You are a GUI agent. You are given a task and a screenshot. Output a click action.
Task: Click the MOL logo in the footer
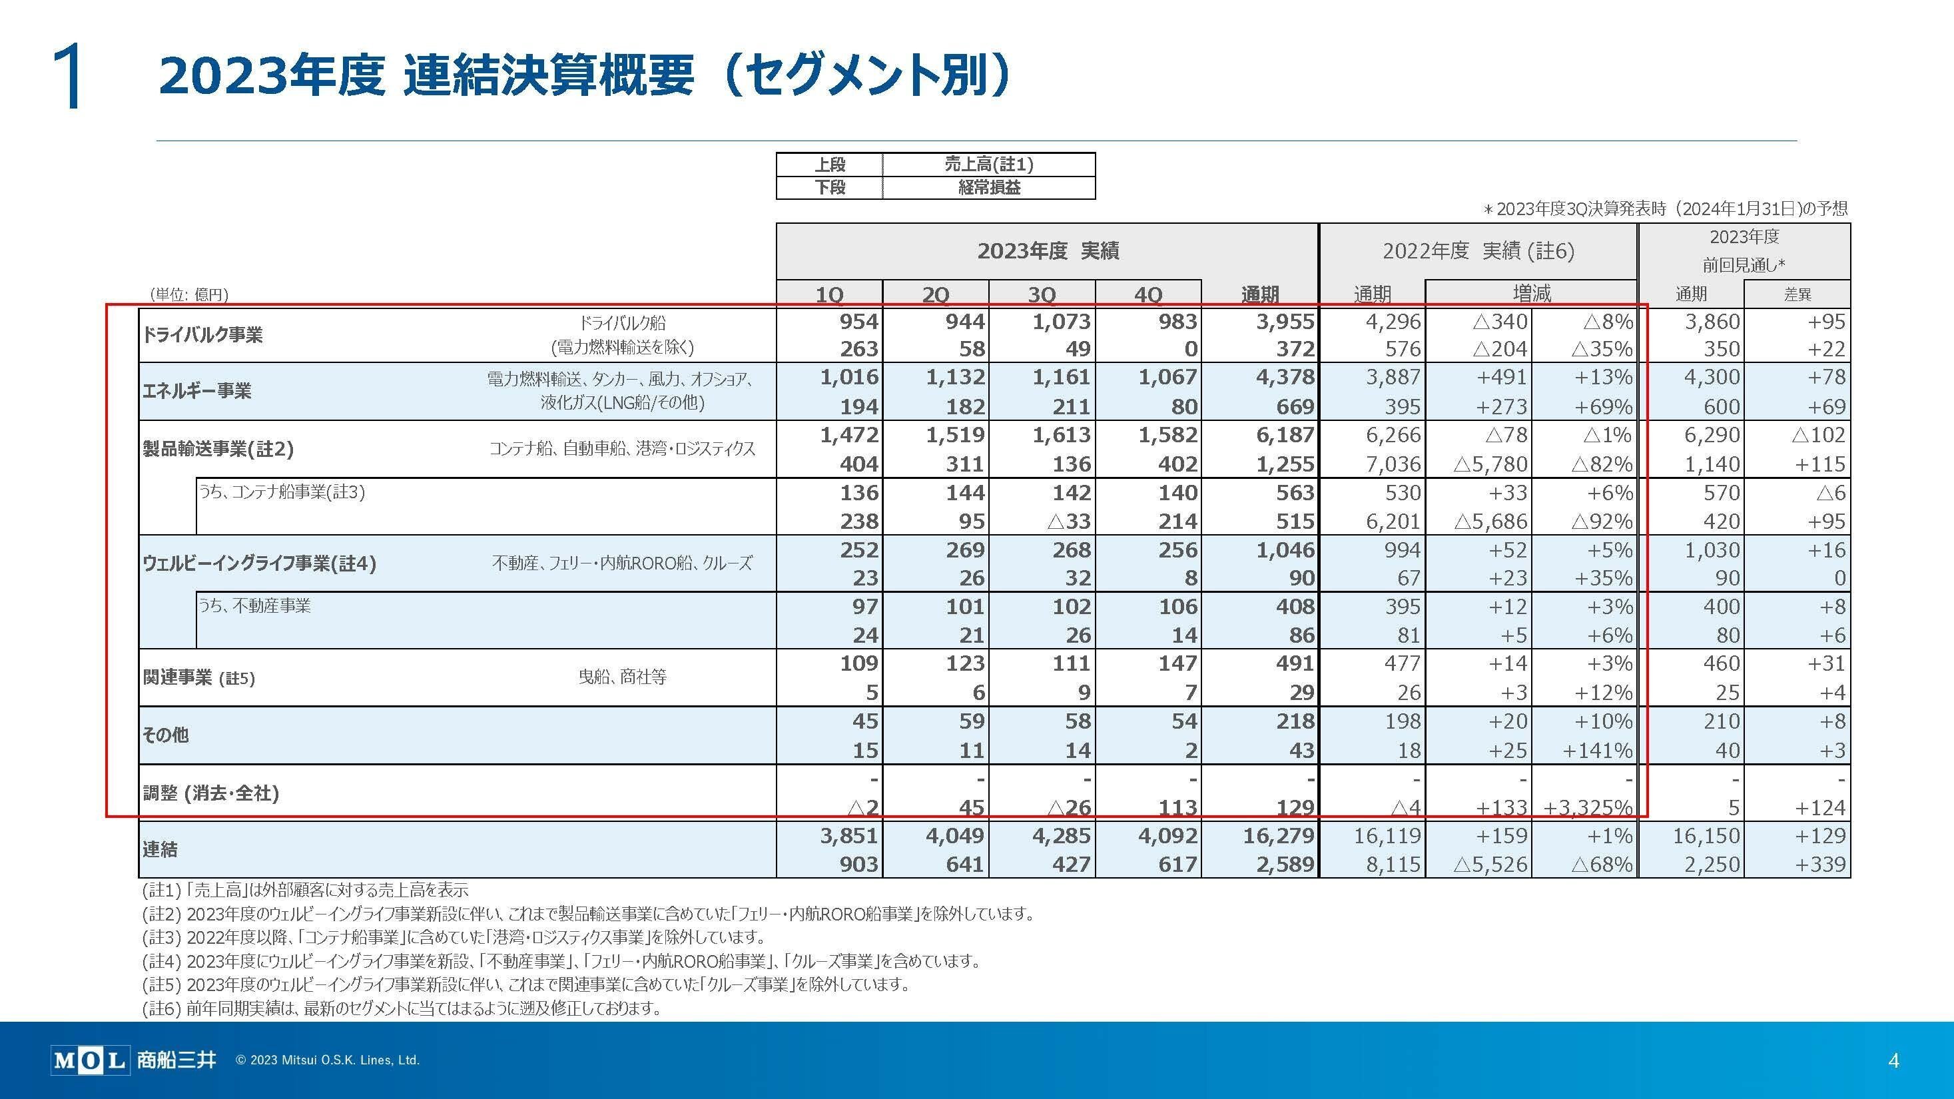tap(89, 1060)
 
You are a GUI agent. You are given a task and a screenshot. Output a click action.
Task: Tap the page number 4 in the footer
tap(1893, 1060)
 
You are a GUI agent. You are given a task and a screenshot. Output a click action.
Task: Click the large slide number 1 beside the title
tap(69, 76)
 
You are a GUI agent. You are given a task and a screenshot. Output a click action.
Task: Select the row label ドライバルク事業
tap(202, 334)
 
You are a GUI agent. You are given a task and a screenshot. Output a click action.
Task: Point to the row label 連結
tap(160, 849)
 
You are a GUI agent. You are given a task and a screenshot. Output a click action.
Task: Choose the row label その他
tap(165, 734)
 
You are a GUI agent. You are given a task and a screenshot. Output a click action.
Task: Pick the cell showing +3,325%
tap(1588, 808)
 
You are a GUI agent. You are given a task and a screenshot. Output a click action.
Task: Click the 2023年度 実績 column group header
tap(1048, 251)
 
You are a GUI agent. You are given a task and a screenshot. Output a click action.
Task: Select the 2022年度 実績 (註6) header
tap(1478, 251)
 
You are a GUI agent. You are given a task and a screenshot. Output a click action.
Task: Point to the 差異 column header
tap(1797, 294)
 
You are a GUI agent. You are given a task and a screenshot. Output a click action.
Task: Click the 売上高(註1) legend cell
tap(988, 165)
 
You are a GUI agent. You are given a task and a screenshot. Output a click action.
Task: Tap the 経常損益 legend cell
tap(988, 187)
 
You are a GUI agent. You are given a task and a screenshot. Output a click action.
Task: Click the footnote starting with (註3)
tap(454, 937)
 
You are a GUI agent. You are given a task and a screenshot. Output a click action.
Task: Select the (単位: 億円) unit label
tap(189, 294)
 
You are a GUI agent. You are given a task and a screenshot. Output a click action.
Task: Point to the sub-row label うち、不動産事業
tap(255, 605)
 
